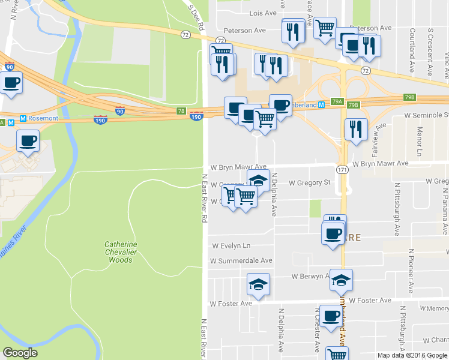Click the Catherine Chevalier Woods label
pos(121,252)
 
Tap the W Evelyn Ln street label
pos(231,246)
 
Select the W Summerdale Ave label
pos(241,261)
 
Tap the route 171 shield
pos(342,170)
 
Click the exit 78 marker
pos(181,111)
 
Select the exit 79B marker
pos(410,97)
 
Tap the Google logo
pos(20,353)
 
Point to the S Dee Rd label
pos(193,16)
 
